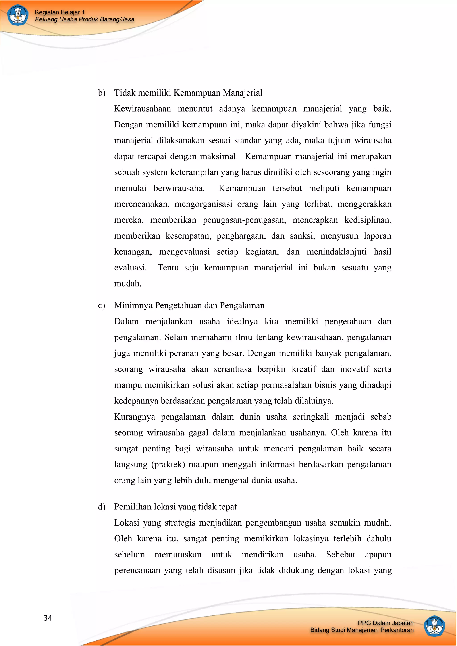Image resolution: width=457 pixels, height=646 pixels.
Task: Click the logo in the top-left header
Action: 18,15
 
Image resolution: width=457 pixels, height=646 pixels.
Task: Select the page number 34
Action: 48,618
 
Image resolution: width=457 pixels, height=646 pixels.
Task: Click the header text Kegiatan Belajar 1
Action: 60,12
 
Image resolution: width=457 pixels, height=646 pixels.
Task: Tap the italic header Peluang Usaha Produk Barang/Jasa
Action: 84,19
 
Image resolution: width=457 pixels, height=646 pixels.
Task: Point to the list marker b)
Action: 102,93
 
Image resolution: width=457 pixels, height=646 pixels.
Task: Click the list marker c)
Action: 101,305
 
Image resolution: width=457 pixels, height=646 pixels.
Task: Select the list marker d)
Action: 102,507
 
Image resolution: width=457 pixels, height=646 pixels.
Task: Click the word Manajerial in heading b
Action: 243,93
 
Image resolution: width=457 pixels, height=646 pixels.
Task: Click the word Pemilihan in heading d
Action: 132,507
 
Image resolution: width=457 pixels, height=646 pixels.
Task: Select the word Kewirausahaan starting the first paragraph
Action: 142,109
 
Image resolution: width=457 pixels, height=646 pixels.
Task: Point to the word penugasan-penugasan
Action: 244,220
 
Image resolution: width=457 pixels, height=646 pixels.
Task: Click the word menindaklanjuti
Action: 337,252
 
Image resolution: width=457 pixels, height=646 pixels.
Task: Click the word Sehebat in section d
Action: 341,555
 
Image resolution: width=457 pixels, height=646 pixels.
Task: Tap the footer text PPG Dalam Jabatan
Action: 386,623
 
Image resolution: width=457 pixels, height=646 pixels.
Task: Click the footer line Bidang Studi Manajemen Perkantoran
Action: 362,630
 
